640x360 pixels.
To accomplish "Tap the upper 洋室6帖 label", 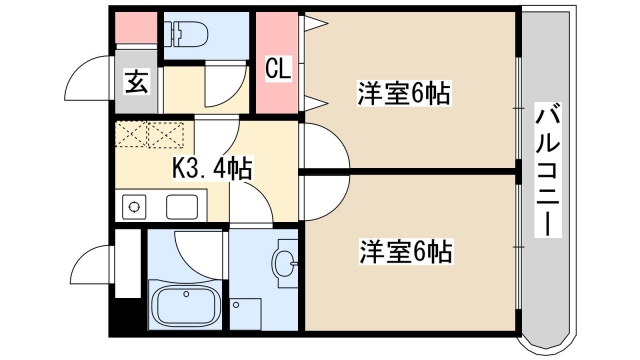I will point(404,95).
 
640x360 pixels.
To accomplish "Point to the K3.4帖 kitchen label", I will point(211,168).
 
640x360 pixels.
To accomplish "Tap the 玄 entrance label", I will point(137,82).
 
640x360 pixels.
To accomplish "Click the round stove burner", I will point(132,207).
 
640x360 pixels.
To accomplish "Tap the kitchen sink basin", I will point(181,207).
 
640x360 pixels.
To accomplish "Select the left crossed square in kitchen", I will point(131,133).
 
